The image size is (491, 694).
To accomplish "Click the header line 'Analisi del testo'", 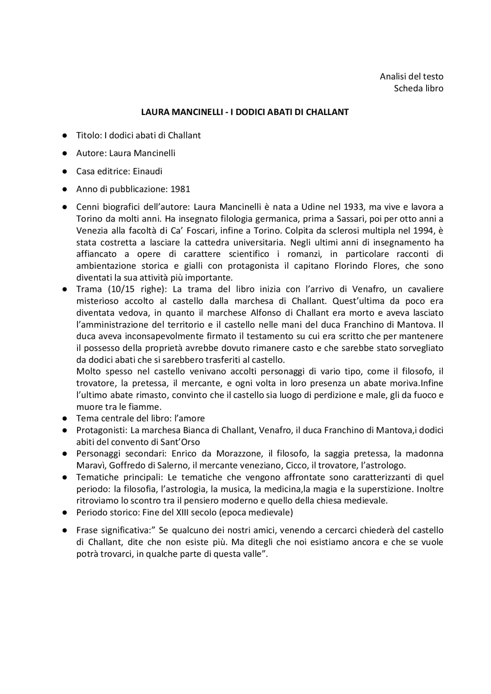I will click(x=411, y=76).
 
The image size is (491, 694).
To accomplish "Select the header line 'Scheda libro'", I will click(x=418, y=88).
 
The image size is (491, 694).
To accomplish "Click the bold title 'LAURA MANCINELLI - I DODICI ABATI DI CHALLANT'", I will click(x=245, y=112).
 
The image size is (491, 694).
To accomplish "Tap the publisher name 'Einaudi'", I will click(x=147, y=171).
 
